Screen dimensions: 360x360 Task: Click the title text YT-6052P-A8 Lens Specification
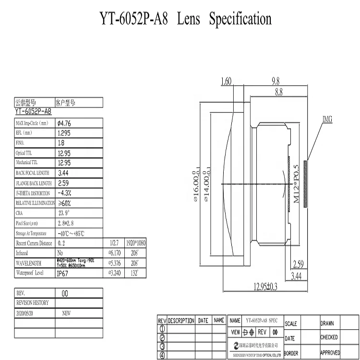coord(185,19)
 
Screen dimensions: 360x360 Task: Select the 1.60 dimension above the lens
coord(227,82)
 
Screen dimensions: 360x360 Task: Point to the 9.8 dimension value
coord(276,82)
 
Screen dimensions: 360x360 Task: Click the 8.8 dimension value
coord(278,93)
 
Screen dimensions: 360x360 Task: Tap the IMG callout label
coord(327,119)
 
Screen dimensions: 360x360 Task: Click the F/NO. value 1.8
coord(61,143)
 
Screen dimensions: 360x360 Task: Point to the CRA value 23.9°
coord(64,213)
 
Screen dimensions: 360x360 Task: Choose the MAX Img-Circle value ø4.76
coord(64,123)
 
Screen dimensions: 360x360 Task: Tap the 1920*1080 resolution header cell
coord(135,243)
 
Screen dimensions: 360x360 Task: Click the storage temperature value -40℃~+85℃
coord(71,233)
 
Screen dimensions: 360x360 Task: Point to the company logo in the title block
coord(236,346)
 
